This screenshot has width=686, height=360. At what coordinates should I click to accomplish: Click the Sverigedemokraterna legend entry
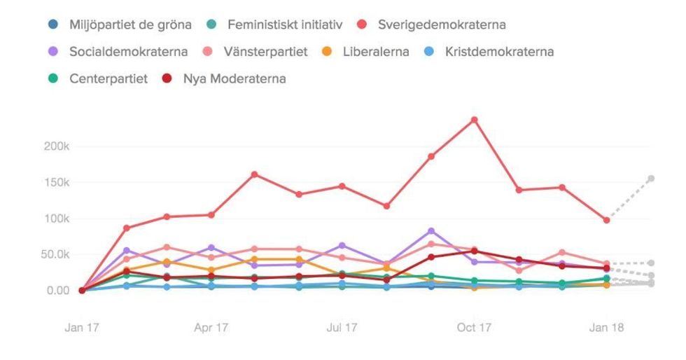pyautogui.click(x=441, y=25)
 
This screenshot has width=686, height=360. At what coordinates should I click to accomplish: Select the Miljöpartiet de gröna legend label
pyautogui.click(x=129, y=25)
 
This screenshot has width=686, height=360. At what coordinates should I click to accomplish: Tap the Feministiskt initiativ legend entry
pyautogui.click(x=284, y=25)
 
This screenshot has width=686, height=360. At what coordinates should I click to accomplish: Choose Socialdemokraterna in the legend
pyautogui.click(x=128, y=52)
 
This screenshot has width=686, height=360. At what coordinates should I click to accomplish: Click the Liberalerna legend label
pyautogui.click(x=376, y=52)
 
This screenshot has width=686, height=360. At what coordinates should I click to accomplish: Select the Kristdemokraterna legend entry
pyautogui.click(x=499, y=52)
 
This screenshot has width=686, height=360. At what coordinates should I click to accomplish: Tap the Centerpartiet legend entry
pyautogui.click(x=108, y=78)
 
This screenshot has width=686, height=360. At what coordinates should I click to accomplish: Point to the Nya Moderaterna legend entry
pyautogui.click(x=233, y=78)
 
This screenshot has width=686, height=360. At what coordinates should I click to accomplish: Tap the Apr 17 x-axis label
pyautogui.click(x=211, y=327)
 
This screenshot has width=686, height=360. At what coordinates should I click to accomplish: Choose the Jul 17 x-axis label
pyautogui.click(x=342, y=327)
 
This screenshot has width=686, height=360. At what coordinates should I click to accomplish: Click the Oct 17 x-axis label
pyautogui.click(x=474, y=327)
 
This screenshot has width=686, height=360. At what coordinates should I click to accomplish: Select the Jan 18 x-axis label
pyautogui.click(x=606, y=327)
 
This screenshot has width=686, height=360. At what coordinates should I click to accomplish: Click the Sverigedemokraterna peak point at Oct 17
pyautogui.click(x=474, y=120)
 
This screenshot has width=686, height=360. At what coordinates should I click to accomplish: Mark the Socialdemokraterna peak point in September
pyautogui.click(x=431, y=231)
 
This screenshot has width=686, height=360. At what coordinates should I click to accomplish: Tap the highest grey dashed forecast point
pyautogui.click(x=651, y=179)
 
